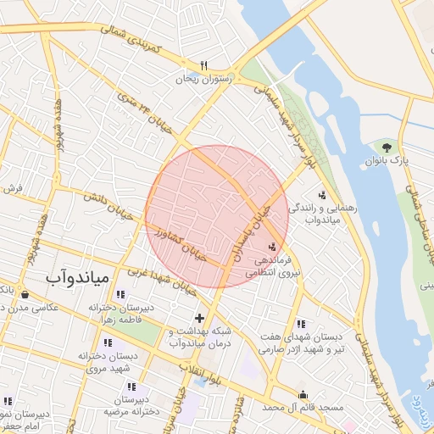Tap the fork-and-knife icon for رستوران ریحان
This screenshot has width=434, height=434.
203,65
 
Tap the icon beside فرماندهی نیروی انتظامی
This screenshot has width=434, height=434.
271,246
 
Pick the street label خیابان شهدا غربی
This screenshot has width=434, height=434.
161,278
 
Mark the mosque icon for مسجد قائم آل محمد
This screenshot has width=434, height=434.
303,394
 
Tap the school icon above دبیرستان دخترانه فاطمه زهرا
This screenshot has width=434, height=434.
130,294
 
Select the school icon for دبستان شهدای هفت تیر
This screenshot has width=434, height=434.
301,324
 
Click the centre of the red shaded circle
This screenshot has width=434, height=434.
217,217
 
